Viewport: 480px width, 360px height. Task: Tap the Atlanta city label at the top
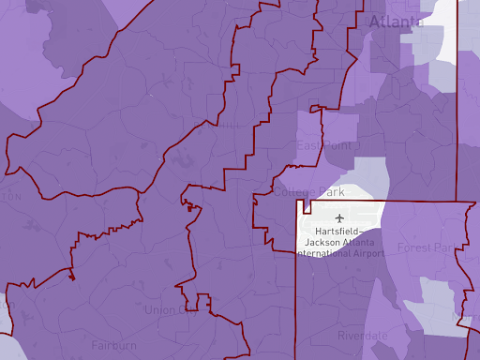point(395,22)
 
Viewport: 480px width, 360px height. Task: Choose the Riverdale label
point(363,336)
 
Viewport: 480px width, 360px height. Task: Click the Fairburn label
point(114,345)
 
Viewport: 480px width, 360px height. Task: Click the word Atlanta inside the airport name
point(367,243)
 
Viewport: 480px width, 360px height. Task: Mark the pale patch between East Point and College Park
point(370,173)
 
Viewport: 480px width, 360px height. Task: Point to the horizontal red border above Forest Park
point(394,202)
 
